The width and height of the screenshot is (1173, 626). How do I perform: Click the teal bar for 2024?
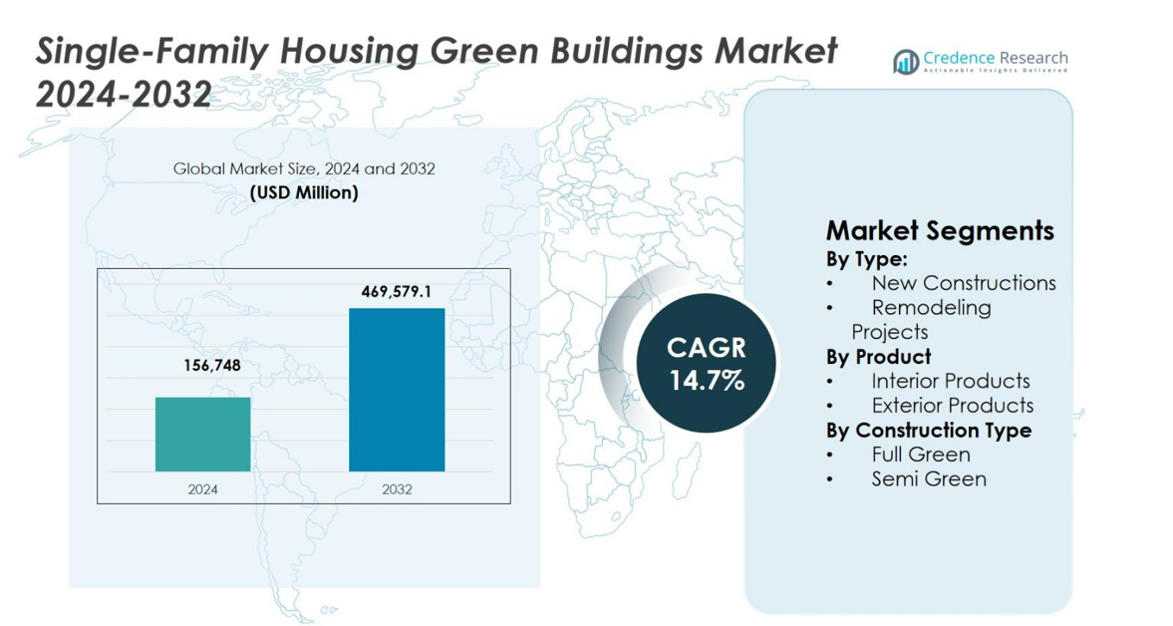coord(202,434)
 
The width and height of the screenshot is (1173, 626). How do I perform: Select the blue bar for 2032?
coord(396,390)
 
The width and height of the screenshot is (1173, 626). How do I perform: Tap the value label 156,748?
coord(203,366)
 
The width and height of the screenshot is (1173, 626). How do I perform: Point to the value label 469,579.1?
coord(396,291)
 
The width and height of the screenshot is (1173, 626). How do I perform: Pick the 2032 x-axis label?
coord(396,489)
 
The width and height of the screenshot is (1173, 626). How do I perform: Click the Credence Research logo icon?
coord(906,62)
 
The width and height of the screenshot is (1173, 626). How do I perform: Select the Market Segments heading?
coord(939,231)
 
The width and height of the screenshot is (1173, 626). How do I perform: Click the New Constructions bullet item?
coord(963,283)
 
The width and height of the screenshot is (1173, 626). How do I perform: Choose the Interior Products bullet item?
coord(950,381)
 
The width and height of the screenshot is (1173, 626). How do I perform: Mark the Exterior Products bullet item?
coord(952,406)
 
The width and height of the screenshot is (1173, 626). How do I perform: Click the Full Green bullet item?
coord(920,455)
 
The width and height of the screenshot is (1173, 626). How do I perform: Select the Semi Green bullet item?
coord(928,479)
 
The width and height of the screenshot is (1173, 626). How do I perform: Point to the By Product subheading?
coord(878,357)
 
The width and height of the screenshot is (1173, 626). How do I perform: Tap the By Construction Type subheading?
coord(928,431)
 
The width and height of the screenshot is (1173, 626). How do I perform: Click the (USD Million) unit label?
coord(304,192)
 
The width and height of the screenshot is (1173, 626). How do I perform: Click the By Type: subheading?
coord(866,259)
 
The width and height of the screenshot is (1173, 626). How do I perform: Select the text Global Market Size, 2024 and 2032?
coord(304,169)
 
